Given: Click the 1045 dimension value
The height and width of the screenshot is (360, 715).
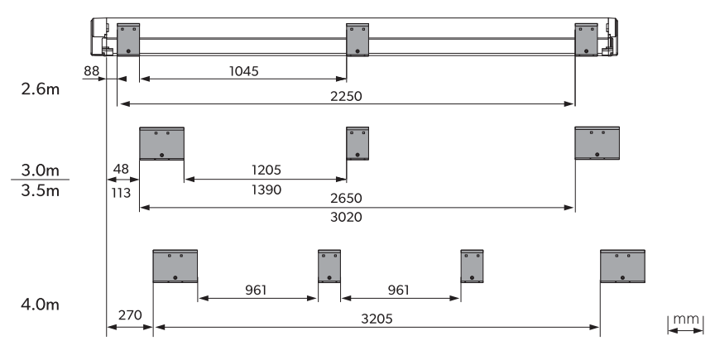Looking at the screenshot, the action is click(x=243, y=71).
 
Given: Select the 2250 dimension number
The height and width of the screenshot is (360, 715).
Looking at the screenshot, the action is click(x=346, y=96).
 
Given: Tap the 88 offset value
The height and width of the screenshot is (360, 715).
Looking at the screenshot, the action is click(x=91, y=71).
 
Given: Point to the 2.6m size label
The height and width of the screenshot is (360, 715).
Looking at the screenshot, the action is click(x=40, y=89).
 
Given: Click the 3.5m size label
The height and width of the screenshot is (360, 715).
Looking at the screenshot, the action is click(x=40, y=190).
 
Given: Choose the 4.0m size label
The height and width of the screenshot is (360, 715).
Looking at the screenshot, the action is click(x=40, y=304).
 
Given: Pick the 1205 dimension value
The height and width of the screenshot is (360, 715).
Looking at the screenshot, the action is click(x=266, y=170).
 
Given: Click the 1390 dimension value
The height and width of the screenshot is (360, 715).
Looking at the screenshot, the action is click(x=266, y=190).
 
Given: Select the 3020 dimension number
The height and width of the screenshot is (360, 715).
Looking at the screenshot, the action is click(x=346, y=217).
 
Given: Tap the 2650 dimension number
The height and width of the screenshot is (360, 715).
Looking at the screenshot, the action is click(x=346, y=199).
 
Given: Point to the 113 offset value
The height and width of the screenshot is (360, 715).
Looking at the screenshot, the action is click(x=121, y=193).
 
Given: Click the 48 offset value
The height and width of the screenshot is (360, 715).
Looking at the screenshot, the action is click(x=121, y=170).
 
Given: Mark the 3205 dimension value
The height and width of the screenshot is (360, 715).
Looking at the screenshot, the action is click(x=377, y=319).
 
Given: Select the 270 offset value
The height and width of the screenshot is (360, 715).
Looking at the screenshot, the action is click(x=130, y=315).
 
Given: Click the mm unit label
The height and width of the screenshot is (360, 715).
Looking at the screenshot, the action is click(x=686, y=319).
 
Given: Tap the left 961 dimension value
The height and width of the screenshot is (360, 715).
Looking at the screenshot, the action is click(x=256, y=290).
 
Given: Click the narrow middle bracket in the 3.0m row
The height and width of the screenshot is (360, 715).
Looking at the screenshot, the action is click(x=357, y=143).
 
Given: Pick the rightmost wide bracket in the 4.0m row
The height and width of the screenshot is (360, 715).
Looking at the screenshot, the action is click(x=622, y=266).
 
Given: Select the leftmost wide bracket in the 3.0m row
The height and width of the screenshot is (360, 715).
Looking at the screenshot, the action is click(x=162, y=144).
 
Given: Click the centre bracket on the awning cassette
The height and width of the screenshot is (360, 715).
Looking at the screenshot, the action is click(x=357, y=40).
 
